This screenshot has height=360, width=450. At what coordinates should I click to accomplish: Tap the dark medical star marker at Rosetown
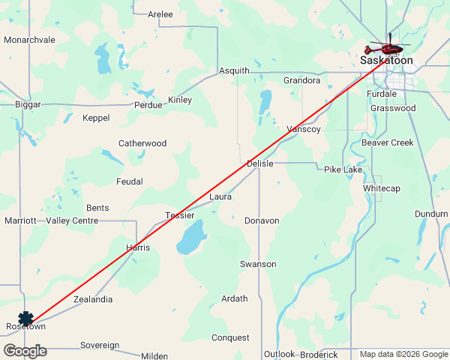click(x=26, y=319)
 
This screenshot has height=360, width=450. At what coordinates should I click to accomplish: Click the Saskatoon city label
click(x=386, y=60)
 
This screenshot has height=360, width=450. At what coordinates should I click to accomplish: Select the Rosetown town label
click(x=25, y=328)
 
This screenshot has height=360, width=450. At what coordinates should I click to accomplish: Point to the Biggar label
click(x=28, y=105)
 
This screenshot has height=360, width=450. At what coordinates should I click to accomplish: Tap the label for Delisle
click(x=260, y=163)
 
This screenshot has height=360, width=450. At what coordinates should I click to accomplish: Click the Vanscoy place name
click(x=304, y=130)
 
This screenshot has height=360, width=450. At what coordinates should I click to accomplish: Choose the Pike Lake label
click(x=343, y=170)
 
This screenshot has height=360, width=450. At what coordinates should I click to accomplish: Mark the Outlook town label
click(x=279, y=354)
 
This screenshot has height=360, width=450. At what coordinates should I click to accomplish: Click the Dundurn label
click(x=431, y=214)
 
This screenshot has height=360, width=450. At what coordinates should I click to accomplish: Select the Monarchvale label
click(x=30, y=40)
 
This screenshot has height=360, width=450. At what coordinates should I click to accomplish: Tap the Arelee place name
click(x=160, y=14)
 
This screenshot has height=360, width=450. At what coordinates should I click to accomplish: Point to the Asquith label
click(x=234, y=71)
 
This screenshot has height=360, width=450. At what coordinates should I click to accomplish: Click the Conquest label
click(x=230, y=338)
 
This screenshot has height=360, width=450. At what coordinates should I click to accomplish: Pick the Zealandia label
click(x=93, y=299)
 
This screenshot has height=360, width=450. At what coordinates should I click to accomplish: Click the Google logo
click(x=25, y=351)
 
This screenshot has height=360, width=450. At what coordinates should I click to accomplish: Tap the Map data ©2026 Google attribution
click(x=403, y=355)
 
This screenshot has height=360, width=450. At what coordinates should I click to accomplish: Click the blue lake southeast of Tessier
click(x=191, y=238)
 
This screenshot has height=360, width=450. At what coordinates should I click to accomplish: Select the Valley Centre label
click(x=72, y=220)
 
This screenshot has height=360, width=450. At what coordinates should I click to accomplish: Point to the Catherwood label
click(x=142, y=143)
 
